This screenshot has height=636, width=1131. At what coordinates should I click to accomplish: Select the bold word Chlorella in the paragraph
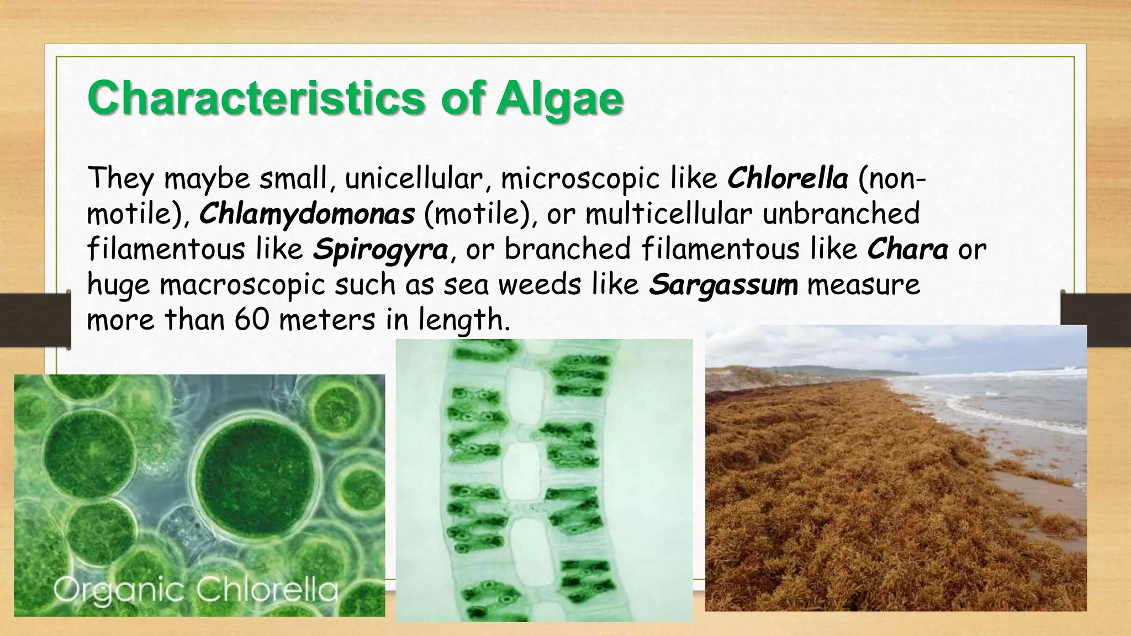click(x=788, y=178)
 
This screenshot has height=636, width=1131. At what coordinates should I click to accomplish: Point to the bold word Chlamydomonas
click(x=306, y=214)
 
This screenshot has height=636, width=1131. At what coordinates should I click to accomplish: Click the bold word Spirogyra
click(x=380, y=250)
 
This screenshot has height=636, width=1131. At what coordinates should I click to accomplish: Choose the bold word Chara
click(x=907, y=249)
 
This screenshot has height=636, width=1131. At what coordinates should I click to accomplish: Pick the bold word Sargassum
click(x=723, y=285)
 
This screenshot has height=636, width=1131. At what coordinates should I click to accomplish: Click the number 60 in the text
click(x=252, y=320)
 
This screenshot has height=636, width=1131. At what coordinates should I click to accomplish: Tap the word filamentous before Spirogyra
click(x=166, y=250)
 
